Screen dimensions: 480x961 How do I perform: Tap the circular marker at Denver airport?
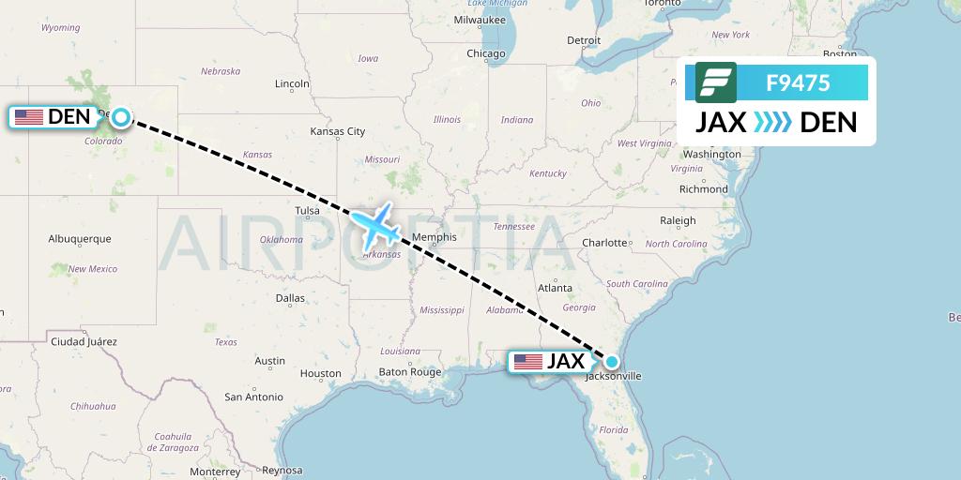pos(121,117)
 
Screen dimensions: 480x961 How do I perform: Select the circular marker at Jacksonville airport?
pos(612,361)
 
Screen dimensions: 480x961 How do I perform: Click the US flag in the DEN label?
pos(29,117)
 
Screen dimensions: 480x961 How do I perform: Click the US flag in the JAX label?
pos(528,362)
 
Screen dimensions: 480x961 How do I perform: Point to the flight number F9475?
pos(798,82)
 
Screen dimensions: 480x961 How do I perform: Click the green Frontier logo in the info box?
pos(716,82)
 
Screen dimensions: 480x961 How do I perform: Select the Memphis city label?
pos(435,237)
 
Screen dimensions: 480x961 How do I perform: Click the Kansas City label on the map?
pos(338,131)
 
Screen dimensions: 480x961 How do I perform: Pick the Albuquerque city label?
pos(80,239)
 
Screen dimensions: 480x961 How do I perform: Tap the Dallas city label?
pos(290,298)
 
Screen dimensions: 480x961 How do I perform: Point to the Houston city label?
pos(321,373)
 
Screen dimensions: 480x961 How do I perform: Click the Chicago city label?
pos(486,53)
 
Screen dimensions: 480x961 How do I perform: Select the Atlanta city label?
pos(556,288)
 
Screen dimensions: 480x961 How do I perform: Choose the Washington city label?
pos(712,154)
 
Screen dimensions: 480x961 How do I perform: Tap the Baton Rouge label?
pos(409,372)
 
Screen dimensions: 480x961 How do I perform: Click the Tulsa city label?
pos(307,211)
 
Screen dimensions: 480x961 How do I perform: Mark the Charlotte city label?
pos(604,243)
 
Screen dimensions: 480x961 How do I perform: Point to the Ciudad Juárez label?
pos(84,341)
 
